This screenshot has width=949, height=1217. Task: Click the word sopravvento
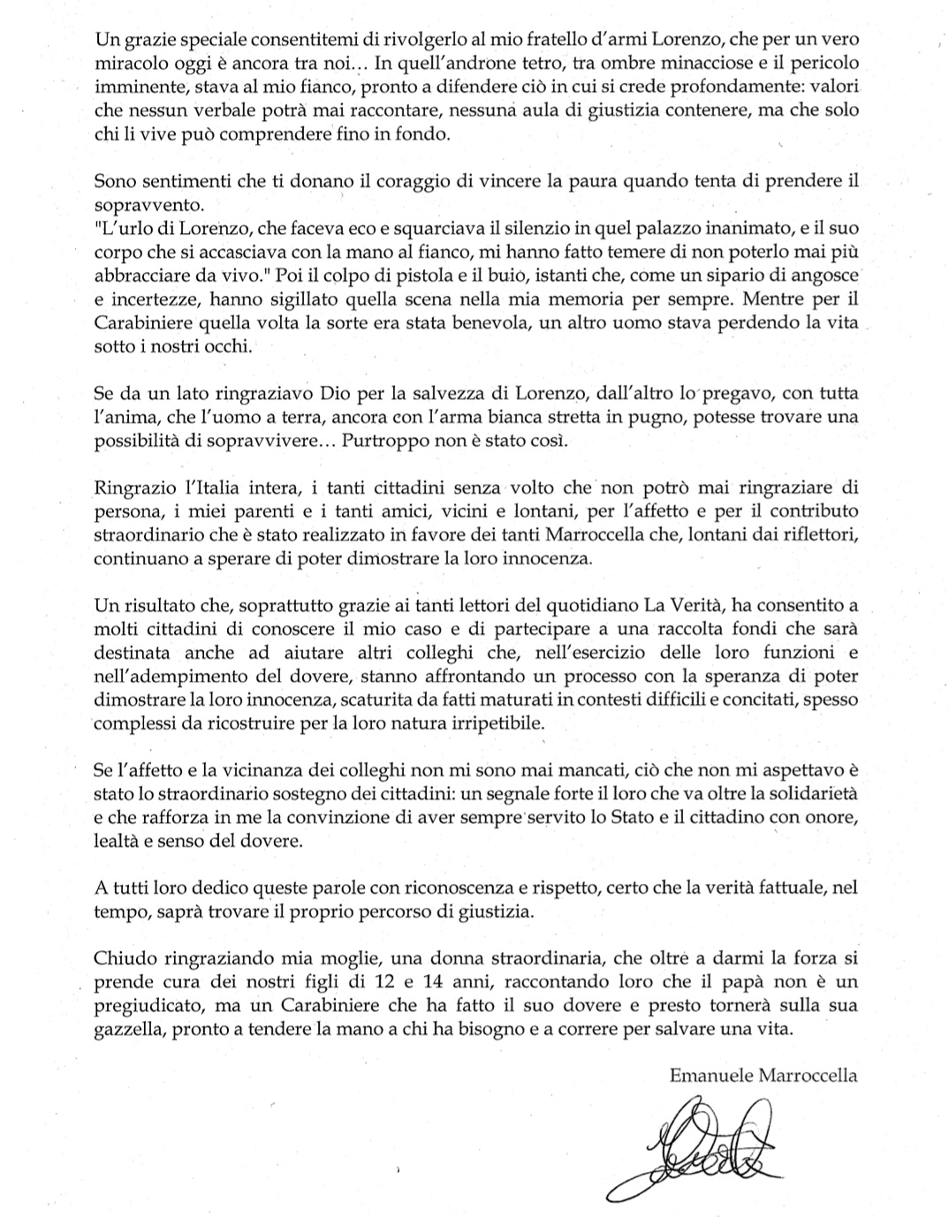[x=148, y=205]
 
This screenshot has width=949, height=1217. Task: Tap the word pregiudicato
[x=146, y=1005]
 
